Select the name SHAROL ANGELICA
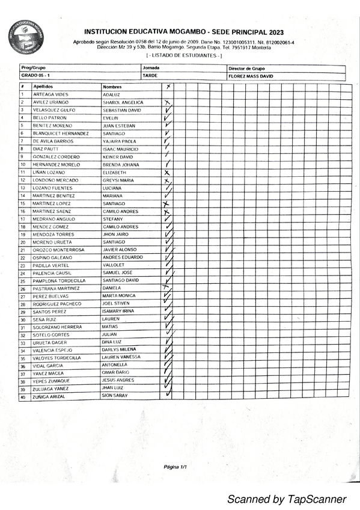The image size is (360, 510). [x=123, y=102]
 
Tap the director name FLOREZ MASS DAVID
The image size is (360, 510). [x=251, y=76]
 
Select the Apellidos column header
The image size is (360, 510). [x=44, y=87]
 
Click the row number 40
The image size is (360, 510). [x=23, y=397]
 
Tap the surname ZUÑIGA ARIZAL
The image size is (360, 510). [x=50, y=397]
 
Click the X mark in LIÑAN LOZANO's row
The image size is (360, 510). [x=167, y=173]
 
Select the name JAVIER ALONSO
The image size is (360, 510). [x=120, y=250]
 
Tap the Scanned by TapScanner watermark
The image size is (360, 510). [x=286, y=499]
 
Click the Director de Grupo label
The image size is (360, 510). [x=246, y=69]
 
